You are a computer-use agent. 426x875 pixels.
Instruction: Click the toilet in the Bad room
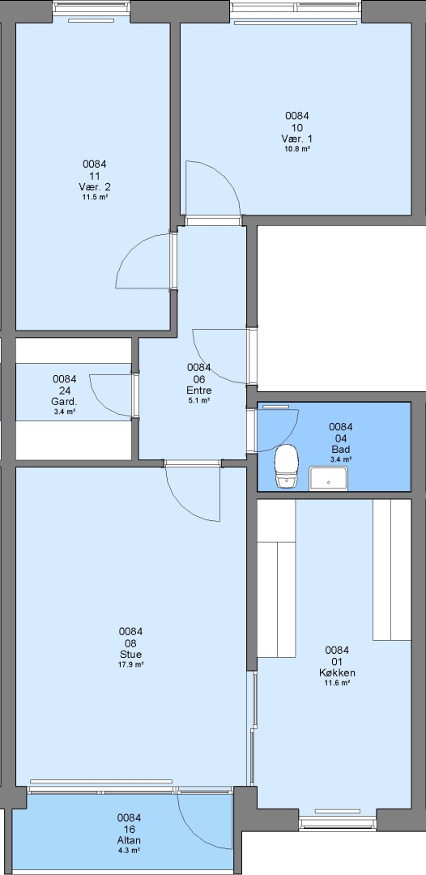(287, 467)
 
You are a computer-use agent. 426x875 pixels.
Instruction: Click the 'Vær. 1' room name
(297, 139)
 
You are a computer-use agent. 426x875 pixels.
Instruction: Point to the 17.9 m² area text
(130, 664)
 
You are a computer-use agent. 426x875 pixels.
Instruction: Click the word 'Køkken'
(337, 672)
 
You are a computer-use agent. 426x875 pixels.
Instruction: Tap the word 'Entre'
(198, 390)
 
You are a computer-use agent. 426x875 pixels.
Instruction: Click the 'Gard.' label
(64, 402)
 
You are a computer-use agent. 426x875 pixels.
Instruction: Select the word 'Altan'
(129, 840)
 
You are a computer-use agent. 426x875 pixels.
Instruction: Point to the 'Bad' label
(340, 449)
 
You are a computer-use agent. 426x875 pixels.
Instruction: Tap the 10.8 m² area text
(297, 149)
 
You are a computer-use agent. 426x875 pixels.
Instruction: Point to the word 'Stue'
(130, 654)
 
